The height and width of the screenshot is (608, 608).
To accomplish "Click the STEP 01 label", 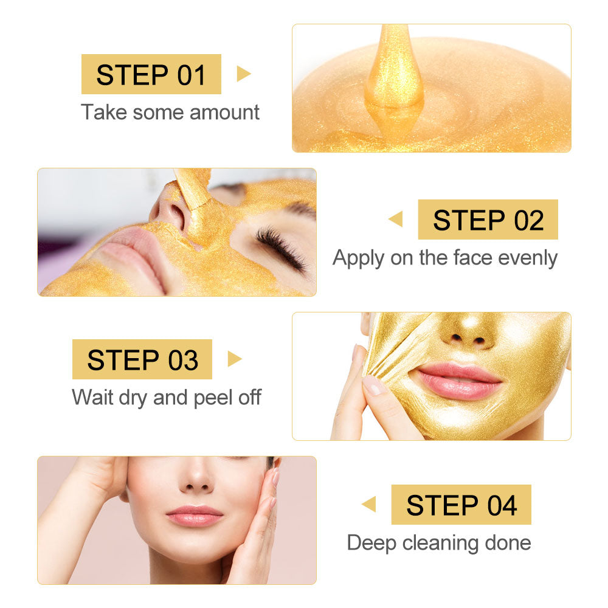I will (151, 74).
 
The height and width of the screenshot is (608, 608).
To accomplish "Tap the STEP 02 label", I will (488, 219).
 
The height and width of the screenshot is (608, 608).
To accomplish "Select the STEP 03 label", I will (142, 359).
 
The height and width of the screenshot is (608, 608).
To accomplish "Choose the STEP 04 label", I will (461, 505).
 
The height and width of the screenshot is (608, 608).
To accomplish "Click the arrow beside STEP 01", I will (243, 74).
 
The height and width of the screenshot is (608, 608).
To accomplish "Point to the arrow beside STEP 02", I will (396, 219).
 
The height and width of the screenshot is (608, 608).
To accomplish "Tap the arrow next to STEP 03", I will (235, 359).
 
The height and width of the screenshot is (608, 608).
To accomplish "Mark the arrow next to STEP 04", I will (369, 505).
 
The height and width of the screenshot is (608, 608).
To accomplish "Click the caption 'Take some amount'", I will (170, 112).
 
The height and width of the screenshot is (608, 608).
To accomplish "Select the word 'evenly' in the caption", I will (527, 258).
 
